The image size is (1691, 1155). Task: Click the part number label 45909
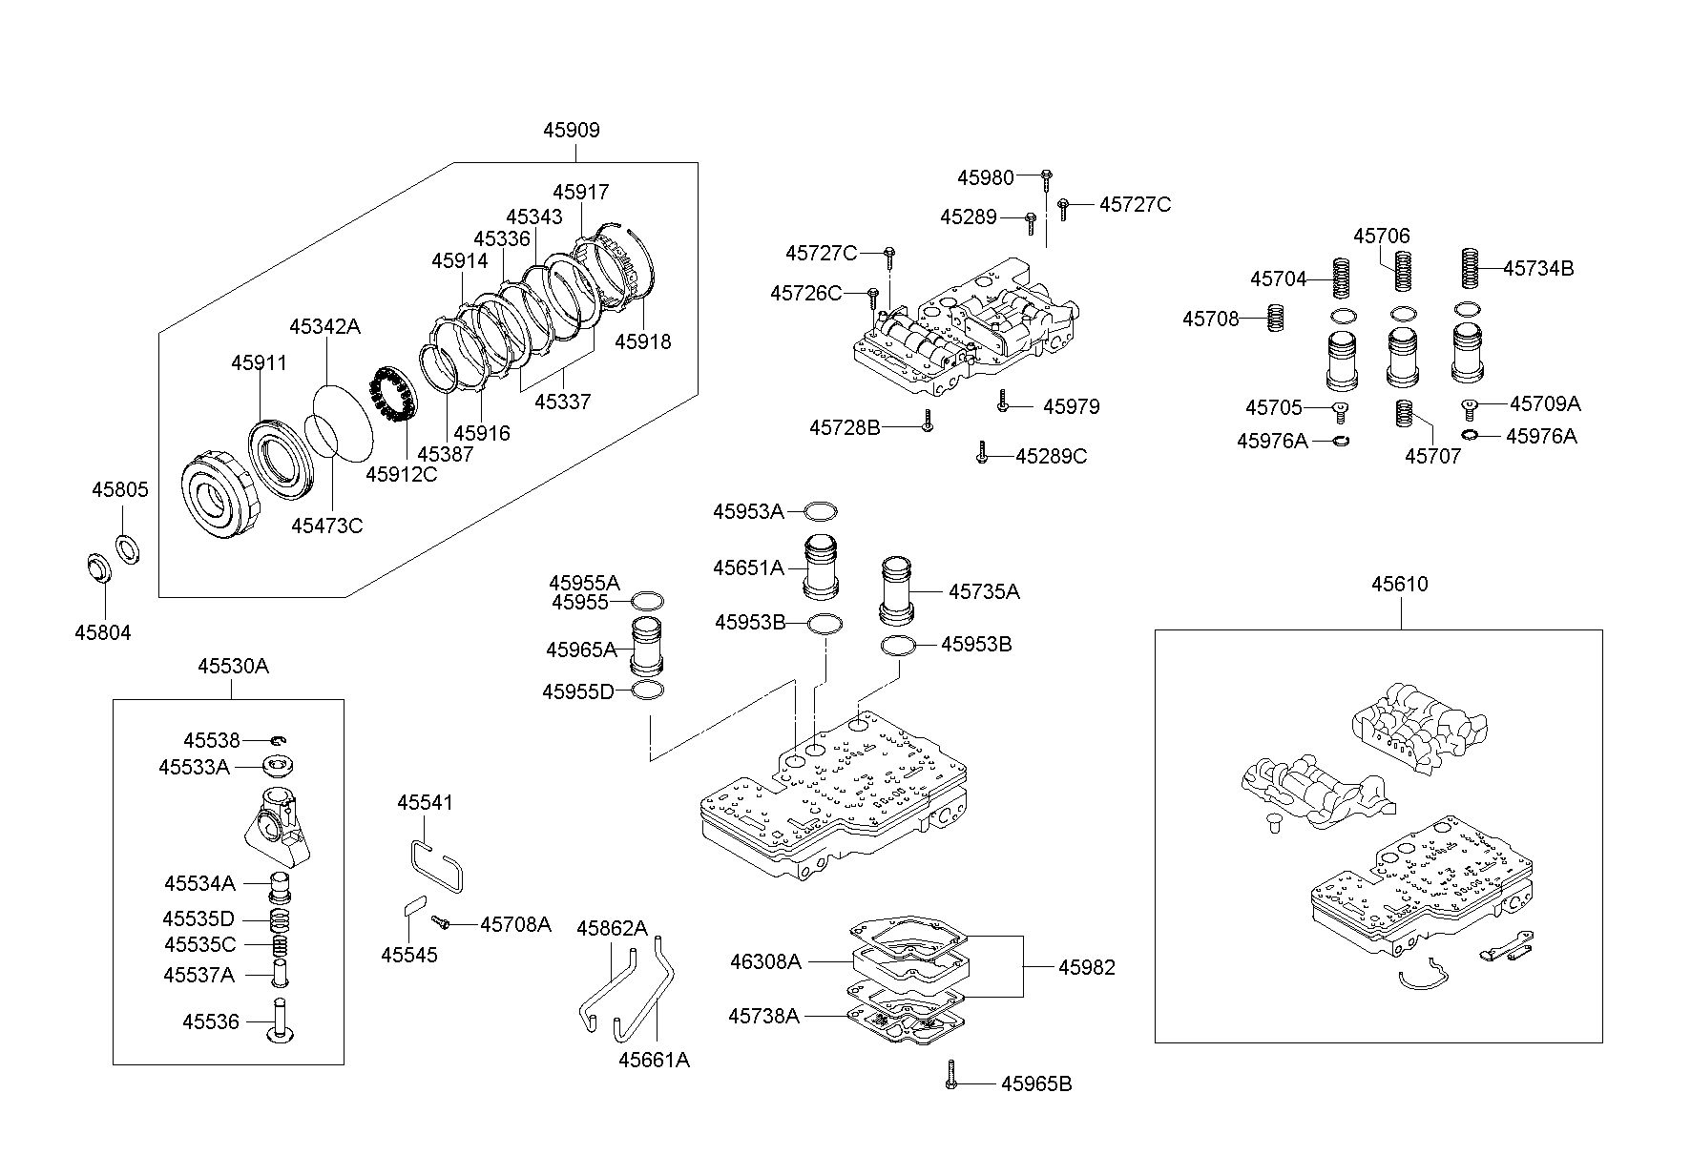coord(572,131)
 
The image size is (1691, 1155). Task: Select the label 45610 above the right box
coord(1400,584)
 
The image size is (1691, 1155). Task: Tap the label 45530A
coord(233,667)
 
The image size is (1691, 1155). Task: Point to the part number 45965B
coord(1036,1083)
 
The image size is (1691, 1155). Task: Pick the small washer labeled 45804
coord(95,567)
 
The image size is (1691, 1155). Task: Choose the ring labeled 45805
coord(126,547)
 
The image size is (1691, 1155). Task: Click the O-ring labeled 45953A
coord(821,511)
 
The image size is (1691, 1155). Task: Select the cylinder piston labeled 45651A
coord(821,567)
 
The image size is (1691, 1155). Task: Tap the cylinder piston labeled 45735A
coord(897,588)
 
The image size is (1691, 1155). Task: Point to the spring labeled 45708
coord(1274,318)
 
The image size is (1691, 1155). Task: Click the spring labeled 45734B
coord(1470,268)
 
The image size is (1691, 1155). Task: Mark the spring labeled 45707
coord(1403,413)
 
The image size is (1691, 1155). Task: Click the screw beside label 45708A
coord(442,922)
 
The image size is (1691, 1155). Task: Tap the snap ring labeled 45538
coord(277,740)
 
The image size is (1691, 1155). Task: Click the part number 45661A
coord(654,1060)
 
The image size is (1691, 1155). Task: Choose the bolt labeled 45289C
coord(982,455)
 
